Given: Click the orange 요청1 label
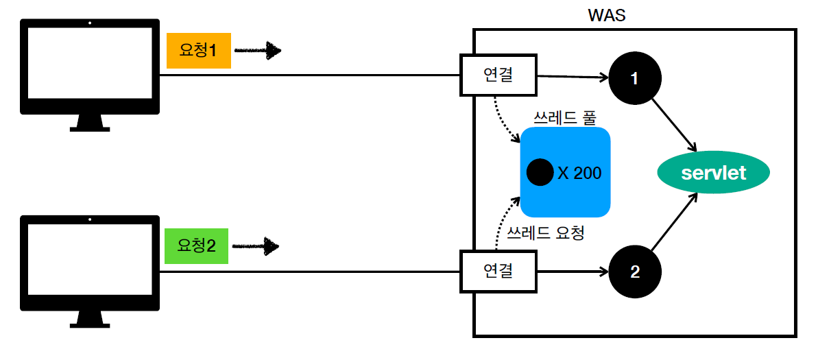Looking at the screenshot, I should click(198, 51).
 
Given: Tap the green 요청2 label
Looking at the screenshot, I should click(196, 245).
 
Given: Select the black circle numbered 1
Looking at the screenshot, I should click(634, 78).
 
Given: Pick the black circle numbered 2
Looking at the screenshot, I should click(634, 272).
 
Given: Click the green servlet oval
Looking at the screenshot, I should click(713, 173).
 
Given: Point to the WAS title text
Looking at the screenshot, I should click(606, 14).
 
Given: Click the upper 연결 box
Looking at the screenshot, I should click(498, 75).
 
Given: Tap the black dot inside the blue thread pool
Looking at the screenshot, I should click(540, 172).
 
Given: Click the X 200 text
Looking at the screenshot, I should click(579, 173).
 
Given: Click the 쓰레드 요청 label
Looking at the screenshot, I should click(544, 233).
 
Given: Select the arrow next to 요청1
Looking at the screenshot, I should click(258, 51).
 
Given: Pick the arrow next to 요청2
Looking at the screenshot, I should click(257, 245).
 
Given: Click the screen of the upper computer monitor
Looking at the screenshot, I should click(90, 63).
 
